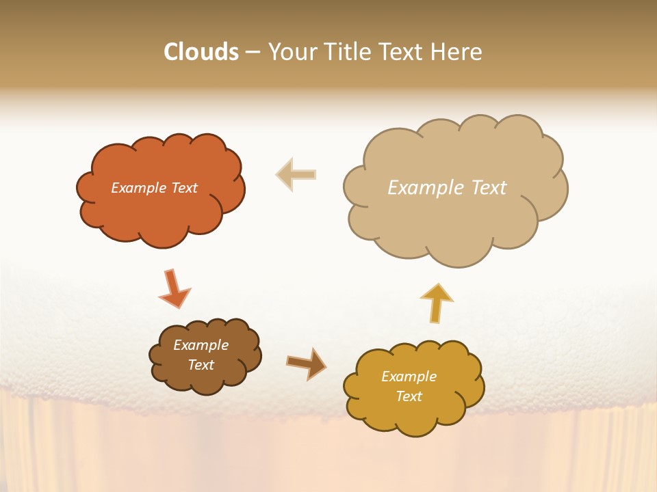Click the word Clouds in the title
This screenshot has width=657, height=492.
click(x=201, y=52)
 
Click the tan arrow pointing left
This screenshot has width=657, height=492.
click(x=296, y=174)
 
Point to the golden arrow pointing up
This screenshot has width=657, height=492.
click(x=437, y=302)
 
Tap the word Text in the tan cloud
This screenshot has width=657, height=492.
click(x=489, y=187)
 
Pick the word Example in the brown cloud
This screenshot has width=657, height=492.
click(x=201, y=345)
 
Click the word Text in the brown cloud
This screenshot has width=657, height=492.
click(x=201, y=365)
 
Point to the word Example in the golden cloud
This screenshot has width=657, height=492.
click(x=409, y=377)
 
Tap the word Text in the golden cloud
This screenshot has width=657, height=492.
click(x=409, y=396)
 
